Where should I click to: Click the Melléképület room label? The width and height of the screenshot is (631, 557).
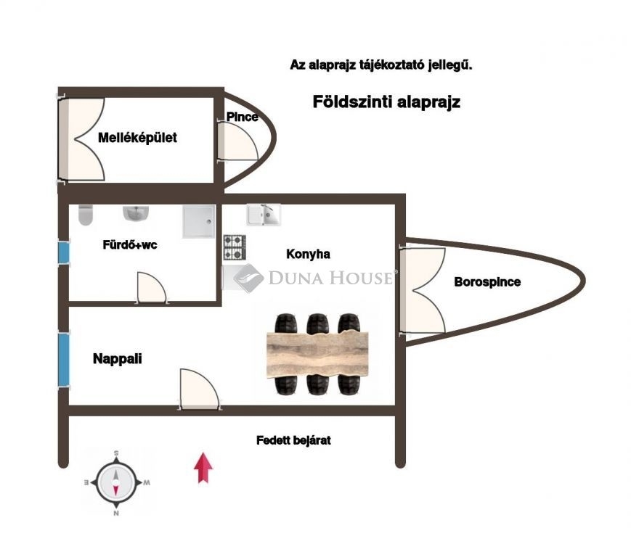[137, 138]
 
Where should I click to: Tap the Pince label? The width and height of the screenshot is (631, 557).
[242, 117]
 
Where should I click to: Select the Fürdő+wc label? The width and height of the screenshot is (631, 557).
[129, 245]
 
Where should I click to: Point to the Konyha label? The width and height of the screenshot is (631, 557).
[308, 255]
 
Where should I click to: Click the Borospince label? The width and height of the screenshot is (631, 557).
[487, 282]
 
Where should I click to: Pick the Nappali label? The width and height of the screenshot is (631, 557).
[117, 358]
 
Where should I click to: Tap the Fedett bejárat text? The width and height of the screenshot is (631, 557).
[293, 440]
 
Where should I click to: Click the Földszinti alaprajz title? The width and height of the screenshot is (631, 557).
[386, 102]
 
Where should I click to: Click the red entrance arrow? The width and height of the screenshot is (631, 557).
[203, 467]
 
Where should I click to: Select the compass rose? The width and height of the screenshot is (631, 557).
[115, 482]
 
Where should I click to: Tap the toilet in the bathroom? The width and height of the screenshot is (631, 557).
[86, 215]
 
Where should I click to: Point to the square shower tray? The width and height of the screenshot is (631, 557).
[198, 220]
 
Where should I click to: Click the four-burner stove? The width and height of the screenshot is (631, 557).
[234, 247]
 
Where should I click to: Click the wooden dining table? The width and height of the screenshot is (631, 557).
[317, 353]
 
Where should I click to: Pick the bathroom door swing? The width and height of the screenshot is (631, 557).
[151, 286]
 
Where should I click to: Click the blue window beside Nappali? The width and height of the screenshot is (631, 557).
[63, 359]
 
